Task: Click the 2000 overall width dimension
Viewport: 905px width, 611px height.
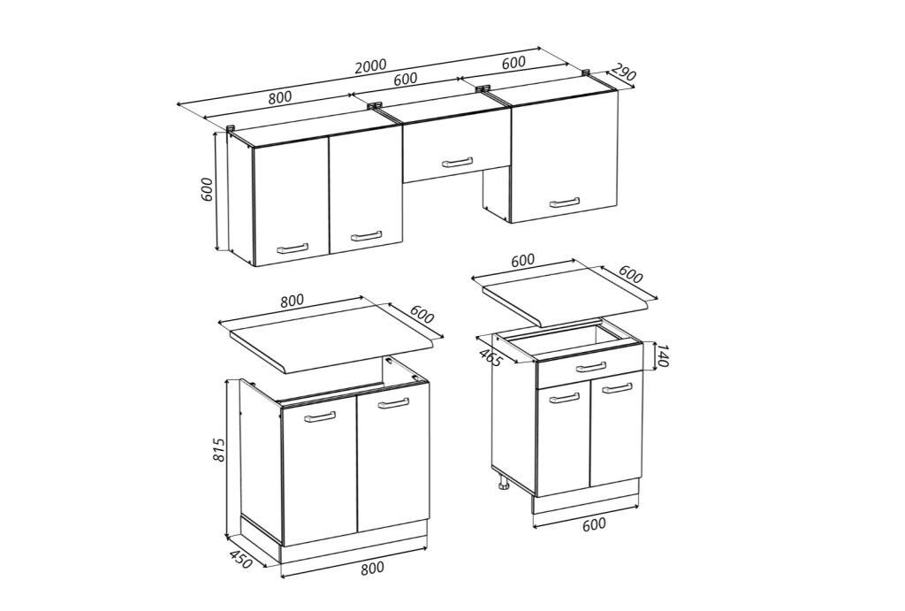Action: pos(370,65)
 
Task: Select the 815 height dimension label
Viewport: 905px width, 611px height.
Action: pos(219,449)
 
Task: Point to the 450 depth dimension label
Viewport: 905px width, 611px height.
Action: pos(240,559)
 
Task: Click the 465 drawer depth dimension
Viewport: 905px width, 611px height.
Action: pos(490,357)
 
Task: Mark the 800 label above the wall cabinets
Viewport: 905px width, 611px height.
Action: pos(280,96)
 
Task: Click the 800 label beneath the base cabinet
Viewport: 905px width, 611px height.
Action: pos(372,569)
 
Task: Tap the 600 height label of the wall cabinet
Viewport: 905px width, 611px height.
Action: pos(207,189)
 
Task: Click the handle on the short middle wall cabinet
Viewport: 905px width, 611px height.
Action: pos(457,163)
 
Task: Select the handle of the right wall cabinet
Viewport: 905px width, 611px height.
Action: pos(565,202)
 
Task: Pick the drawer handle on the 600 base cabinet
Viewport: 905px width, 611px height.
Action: pos(591,367)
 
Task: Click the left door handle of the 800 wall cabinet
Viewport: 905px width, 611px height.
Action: pos(293,248)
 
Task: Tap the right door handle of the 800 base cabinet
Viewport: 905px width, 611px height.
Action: pos(393,404)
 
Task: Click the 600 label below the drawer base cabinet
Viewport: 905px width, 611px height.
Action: pos(594,523)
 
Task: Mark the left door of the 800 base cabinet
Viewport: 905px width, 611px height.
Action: pos(319,475)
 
